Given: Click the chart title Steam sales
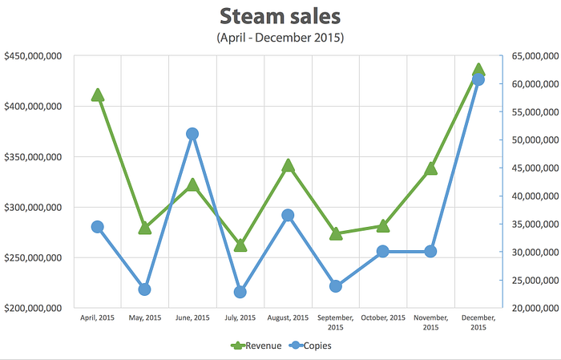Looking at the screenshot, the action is click(280, 17).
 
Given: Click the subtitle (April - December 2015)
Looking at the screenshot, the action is click(280, 38).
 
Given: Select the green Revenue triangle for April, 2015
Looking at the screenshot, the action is click(97, 95).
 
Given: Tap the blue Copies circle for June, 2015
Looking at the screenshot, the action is click(192, 134).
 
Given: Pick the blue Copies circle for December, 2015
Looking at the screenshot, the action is click(478, 79).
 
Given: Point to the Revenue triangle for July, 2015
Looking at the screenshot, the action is click(240, 245).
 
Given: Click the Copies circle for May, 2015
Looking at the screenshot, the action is click(144, 289).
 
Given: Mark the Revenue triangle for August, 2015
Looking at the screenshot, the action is click(288, 166).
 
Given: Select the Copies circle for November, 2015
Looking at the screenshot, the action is click(431, 252).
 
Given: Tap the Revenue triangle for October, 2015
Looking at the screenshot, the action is click(383, 226).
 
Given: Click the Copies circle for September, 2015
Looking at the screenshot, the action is click(336, 286).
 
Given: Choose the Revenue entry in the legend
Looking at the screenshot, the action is click(256, 346).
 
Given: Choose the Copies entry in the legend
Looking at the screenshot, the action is click(310, 346).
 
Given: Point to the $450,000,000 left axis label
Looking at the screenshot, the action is click(33, 56).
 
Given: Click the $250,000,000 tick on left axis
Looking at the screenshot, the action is click(33, 257).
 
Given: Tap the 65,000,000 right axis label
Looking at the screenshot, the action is click(535, 56).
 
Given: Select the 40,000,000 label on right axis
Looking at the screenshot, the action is click(535, 196).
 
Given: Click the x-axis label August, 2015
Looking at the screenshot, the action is click(288, 318).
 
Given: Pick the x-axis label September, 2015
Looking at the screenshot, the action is click(336, 322).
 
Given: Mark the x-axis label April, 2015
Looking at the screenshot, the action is click(97, 318).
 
